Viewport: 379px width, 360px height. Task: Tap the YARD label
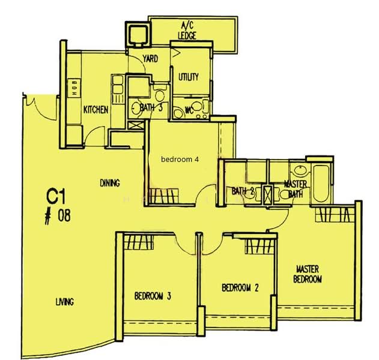point(150,59)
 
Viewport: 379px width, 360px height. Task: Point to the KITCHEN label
point(96,110)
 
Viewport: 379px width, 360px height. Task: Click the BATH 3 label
point(151,108)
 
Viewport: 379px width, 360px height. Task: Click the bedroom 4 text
point(180,160)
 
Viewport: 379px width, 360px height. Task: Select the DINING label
point(110,183)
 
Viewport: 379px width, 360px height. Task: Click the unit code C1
point(56,196)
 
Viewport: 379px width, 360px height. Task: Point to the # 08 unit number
point(58,215)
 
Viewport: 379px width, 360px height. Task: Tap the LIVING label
point(64,302)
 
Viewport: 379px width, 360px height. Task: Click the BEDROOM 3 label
point(153,296)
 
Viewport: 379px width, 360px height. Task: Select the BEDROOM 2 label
point(240,288)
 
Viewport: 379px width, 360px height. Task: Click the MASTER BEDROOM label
point(308,274)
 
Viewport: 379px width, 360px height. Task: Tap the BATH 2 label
point(244,191)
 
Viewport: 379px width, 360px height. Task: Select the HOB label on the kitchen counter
point(74,88)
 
